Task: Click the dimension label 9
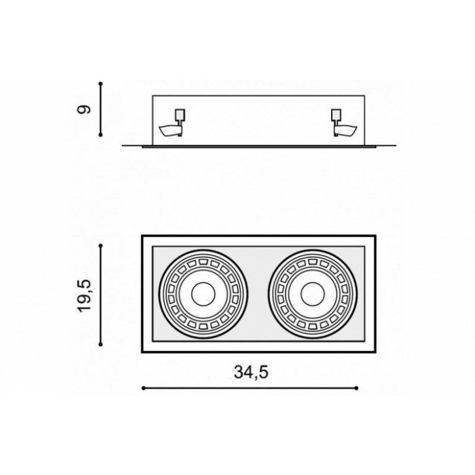tap(84, 109)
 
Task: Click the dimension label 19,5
tap(84, 296)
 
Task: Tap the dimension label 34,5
tap(251, 373)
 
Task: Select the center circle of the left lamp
tap(204, 294)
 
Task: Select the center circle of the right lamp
tap(313, 294)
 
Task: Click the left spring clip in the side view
tap(170, 130)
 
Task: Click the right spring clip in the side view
tap(345, 130)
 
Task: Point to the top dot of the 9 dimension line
tap(101, 83)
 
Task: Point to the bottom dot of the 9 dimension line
tap(101, 135)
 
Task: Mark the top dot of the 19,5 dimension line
tap(101, 246)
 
